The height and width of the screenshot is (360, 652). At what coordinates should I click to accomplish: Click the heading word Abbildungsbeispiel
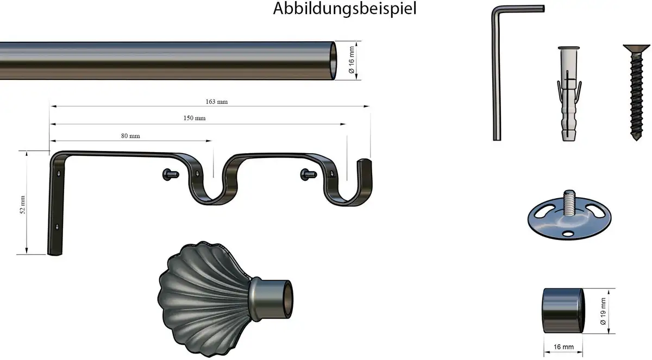pyautogui.click(x=344, y=9)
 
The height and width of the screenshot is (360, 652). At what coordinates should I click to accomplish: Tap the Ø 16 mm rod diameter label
pyautogui.click(x=352, y=60)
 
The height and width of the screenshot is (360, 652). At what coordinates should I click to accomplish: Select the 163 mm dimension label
pyautogui.click(x=217, y=102)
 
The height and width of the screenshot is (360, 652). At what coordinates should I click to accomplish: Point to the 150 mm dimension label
pyautogui.click(x=195, y=118)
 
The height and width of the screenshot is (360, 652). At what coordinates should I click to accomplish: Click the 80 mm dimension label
pyautogui.click(x=130, y=136)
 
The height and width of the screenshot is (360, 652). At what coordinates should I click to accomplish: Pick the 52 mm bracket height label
pyautogui.click(x=23, y=205)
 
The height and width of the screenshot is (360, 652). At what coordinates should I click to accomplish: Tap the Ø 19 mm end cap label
pyautogui.click(x=603, y=311)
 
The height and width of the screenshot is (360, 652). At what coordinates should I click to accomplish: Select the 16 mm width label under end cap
pyautogui.click(x=563, y=347)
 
